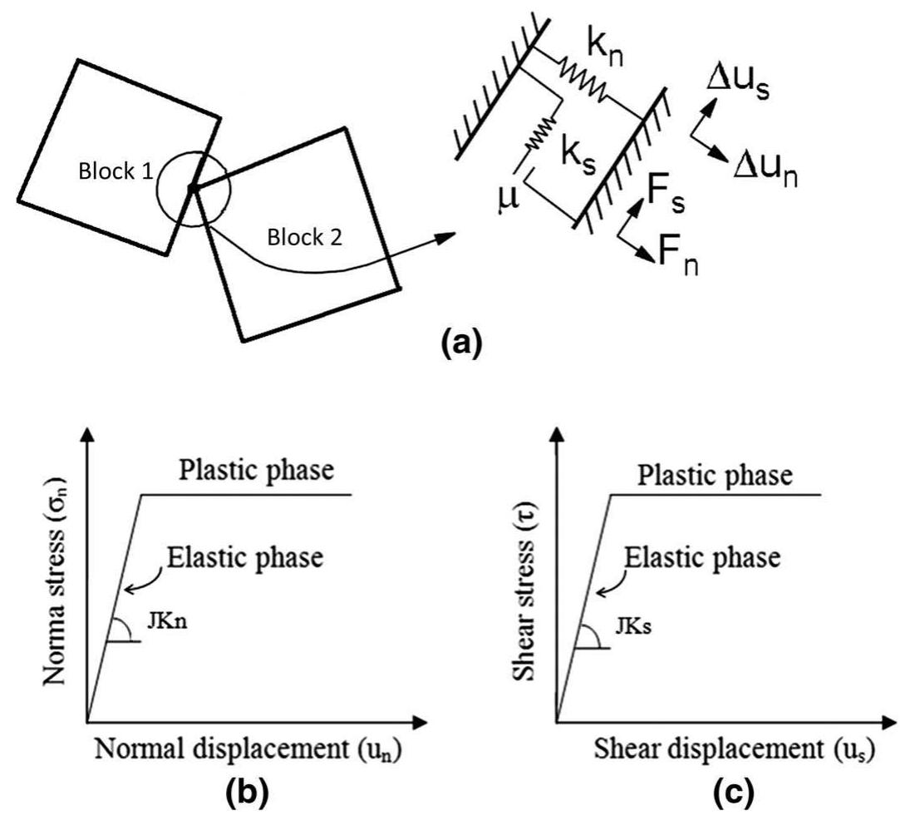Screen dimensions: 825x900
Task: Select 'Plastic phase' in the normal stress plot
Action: pyautogui.click(x=256, y=472)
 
